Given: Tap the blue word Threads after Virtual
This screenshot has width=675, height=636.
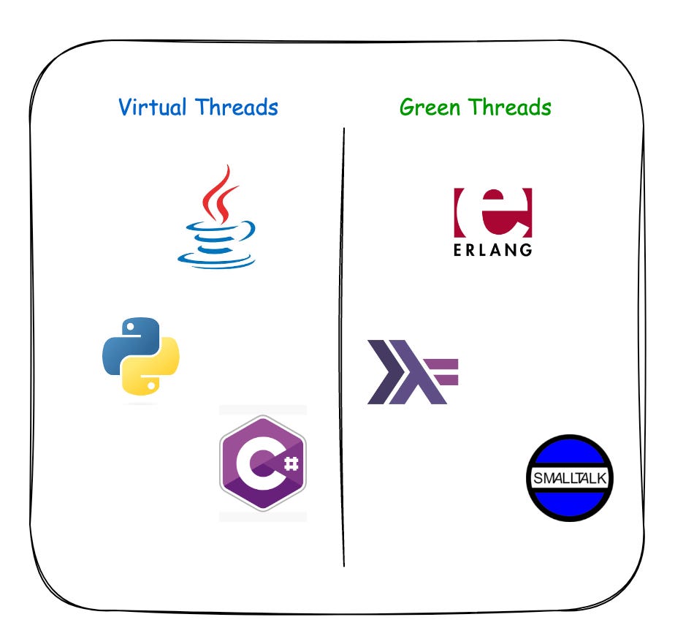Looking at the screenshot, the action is click(x=237, y=107).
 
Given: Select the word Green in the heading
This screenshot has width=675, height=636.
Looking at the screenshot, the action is click(x=430, y=107).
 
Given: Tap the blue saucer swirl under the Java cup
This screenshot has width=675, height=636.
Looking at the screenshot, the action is click(x=217, y=257).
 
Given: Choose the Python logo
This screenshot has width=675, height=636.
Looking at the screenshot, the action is click(x=141, y=356).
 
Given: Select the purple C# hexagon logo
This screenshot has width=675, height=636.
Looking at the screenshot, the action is click(x=263, y=463).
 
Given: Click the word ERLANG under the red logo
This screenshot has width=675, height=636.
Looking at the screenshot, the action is click(x=492, y=249).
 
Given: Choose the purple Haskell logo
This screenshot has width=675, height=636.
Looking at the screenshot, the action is click(x=411, y=371).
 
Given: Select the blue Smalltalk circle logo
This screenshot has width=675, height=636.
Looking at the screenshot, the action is click(x=570, y=478).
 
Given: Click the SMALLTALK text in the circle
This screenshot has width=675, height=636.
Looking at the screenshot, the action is click(x=570, y=479).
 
